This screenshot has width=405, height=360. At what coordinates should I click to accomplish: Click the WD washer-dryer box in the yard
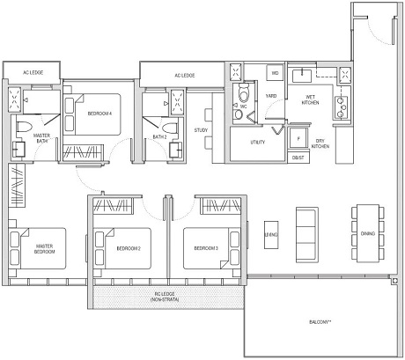coord(275,72)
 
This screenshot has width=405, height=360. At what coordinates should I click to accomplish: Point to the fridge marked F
coord(298,139)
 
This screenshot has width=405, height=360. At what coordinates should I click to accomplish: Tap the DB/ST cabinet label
coord(298,158)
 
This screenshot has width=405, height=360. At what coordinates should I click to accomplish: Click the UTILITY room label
coord(257,141)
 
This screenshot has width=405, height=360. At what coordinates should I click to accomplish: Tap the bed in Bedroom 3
coord(210,249)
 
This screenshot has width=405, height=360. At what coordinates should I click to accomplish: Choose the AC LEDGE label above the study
coord(184,75)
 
